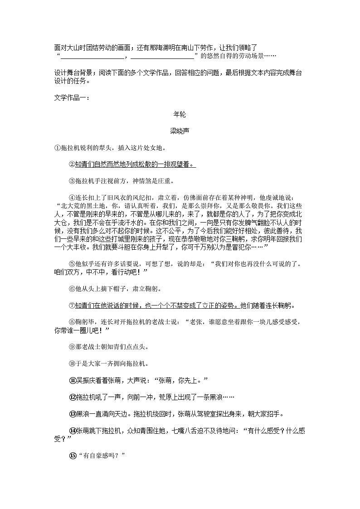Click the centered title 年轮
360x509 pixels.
180,115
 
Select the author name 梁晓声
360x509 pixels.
180,131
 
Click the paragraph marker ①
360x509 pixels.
57,148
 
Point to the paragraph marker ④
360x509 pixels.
72,198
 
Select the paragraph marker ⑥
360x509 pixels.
72,289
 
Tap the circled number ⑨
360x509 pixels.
72,347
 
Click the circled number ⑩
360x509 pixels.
72,364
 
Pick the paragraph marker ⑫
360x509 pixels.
72,397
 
